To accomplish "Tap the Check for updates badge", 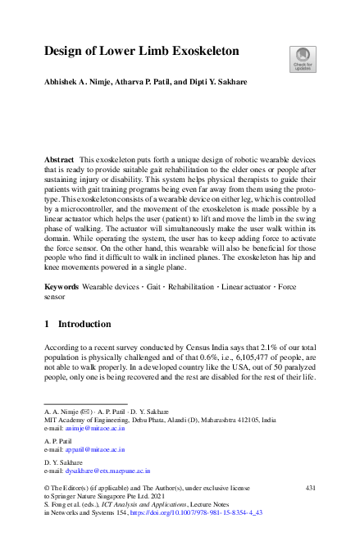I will tap(302, 58).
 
